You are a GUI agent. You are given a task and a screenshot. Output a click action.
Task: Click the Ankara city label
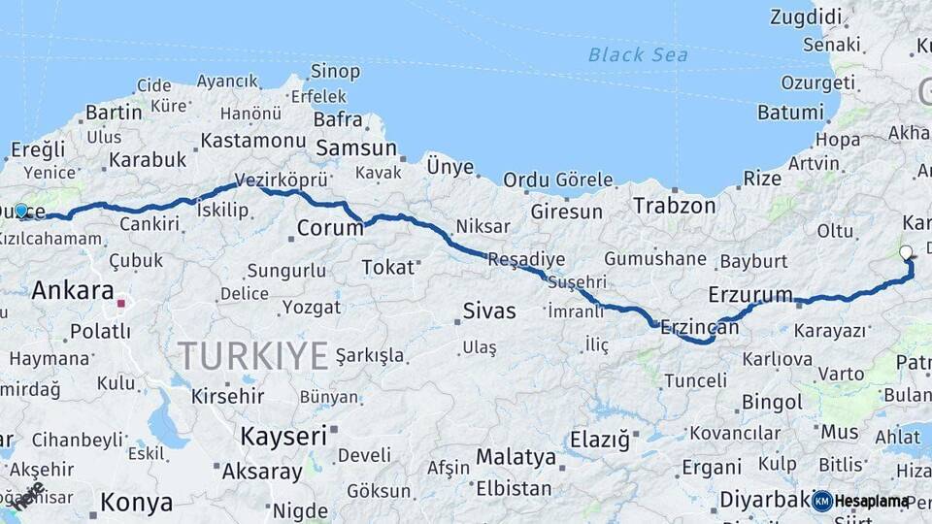click(73, 290)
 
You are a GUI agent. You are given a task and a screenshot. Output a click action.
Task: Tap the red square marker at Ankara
click(121, 304)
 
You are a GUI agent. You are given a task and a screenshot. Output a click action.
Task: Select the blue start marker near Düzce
click(21, 210)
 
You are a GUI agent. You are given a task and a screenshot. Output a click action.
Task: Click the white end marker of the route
click(906, 253)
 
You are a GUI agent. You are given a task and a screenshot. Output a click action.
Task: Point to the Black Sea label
click(638, 54)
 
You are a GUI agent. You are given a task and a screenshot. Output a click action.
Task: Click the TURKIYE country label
click(252, 356)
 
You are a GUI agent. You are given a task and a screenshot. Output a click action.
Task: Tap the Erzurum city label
click(750, 294)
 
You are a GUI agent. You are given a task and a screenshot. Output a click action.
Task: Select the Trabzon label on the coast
click(674, 206)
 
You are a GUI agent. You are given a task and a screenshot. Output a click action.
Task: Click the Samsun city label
click(356, 148)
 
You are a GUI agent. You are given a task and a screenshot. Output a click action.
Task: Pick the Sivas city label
click(488, 311)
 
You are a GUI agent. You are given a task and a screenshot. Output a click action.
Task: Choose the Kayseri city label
click(283, 436)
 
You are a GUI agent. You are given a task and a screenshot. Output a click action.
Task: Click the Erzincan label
click(699, 328)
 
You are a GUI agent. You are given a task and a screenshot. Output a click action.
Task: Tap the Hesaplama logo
click(861, 501)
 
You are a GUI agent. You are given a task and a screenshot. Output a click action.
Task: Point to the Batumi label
click(790, 112)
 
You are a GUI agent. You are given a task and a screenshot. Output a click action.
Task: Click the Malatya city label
click(516, 456)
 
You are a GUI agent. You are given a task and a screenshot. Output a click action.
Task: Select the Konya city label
click(137, 503)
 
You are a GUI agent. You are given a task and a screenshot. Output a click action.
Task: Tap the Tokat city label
click(387, 267)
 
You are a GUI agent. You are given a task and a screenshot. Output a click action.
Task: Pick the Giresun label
click(566, 212)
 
